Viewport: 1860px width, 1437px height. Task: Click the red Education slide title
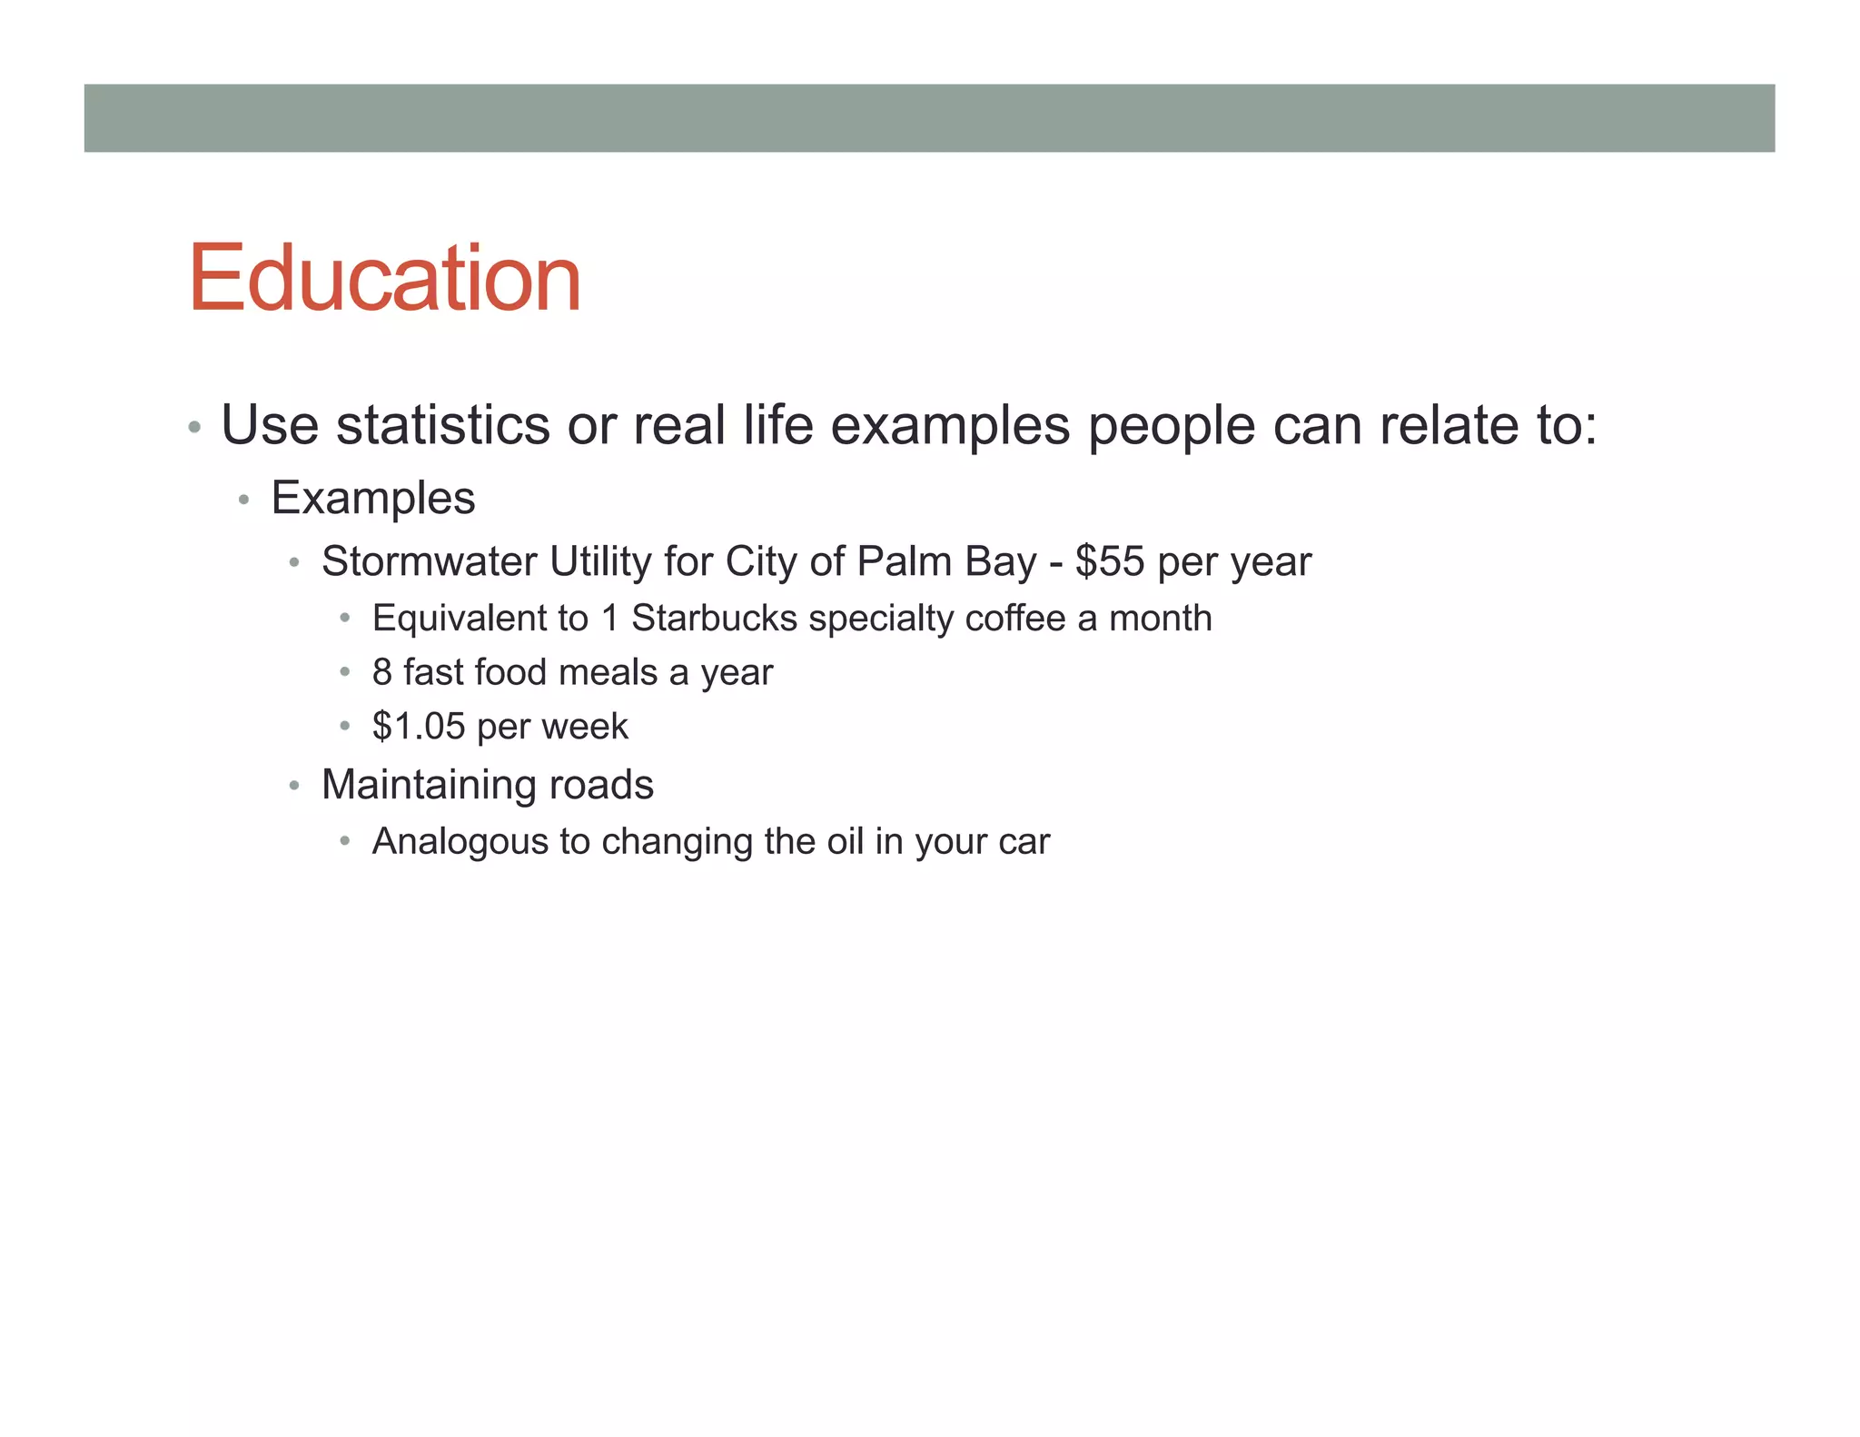point(384,279)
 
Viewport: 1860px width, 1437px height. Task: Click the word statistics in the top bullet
point(443,425)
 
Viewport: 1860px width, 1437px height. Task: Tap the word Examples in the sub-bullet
point(373,499)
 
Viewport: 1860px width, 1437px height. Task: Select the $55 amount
point(1110,561)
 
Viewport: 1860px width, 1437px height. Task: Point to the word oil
point(845,842)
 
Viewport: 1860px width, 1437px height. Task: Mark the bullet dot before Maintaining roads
point(294,786)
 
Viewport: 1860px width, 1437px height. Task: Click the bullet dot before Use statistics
point(193,427)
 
